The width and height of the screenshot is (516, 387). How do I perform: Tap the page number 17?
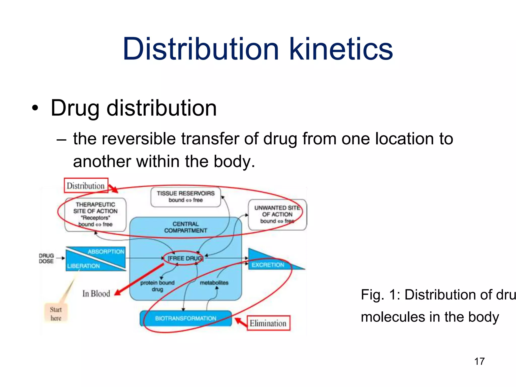click(479, 361)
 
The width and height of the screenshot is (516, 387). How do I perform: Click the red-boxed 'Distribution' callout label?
click(86, 186)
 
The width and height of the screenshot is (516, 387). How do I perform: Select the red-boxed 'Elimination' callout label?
click(268, 323)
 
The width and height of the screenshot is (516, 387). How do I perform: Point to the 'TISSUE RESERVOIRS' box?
click(186, 197)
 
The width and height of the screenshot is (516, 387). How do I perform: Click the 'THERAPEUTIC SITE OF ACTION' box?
click(95, 214)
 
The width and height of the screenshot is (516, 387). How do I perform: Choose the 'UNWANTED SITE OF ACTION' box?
click(277, 214)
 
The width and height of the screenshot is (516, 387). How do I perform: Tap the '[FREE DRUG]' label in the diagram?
click(185, 258)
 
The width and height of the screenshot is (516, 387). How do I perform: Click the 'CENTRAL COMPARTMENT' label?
click(186, 227)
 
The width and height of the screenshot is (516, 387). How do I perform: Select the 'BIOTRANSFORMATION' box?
click(186, 318)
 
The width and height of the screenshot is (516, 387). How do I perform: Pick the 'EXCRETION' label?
click(268, 265)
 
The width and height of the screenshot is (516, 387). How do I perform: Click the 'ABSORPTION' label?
click(106, 251)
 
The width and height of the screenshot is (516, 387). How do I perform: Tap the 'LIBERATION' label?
click(83, 266)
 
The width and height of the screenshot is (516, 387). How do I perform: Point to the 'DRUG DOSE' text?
click(46, 259)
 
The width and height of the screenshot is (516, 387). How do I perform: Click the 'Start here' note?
click(56, 314)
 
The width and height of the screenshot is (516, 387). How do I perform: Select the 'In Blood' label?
click(96, 294)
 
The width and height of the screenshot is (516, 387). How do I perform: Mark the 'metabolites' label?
click(214, 283)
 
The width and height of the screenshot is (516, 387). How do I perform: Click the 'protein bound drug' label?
click(157, 286)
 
